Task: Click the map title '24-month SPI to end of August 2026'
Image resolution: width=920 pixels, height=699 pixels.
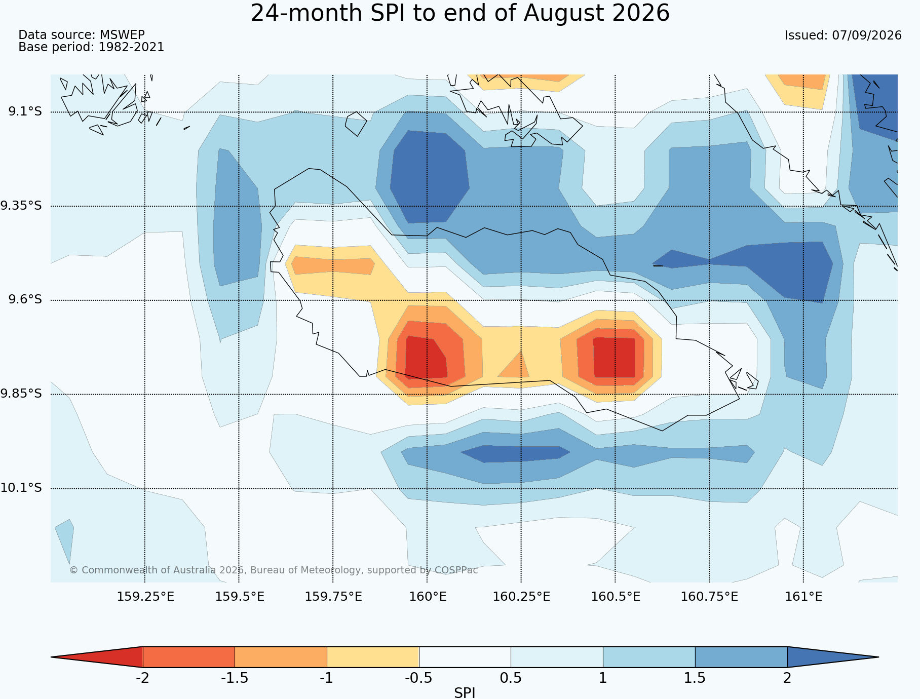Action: tap(460, 13)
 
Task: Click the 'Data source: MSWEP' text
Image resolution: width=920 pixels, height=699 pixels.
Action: tap(82, 35)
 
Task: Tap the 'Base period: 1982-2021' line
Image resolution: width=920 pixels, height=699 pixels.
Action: tap(91, 47)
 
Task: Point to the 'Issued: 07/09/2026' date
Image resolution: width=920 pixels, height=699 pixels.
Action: tap(843, 35)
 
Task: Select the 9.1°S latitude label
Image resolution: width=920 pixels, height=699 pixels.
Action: tap(25, 111)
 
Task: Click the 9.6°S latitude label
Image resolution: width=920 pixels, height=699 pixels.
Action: tap(25, 299)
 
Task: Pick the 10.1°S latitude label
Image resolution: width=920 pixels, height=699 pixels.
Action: tap(21, 488)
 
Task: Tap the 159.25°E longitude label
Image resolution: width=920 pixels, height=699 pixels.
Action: tap(145, 597)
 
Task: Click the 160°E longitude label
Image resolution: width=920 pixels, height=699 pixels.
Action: tap(428, 597)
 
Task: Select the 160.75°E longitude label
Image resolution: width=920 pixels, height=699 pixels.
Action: tap(709, 597)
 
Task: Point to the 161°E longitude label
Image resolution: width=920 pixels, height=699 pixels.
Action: tap(803, 597)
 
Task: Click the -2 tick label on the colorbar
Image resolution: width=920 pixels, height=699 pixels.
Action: tap(142, 678)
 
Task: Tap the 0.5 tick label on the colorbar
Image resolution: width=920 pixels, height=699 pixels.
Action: tap(511, 678)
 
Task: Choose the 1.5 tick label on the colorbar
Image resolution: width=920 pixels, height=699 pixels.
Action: tap(695, 678)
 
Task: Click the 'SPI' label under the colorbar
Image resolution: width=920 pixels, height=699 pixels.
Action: tap(465, 693)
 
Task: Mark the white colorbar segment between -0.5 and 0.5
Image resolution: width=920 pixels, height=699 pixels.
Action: tap(465, 657)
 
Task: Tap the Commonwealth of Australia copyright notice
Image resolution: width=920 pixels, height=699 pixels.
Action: tap(274, 570)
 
